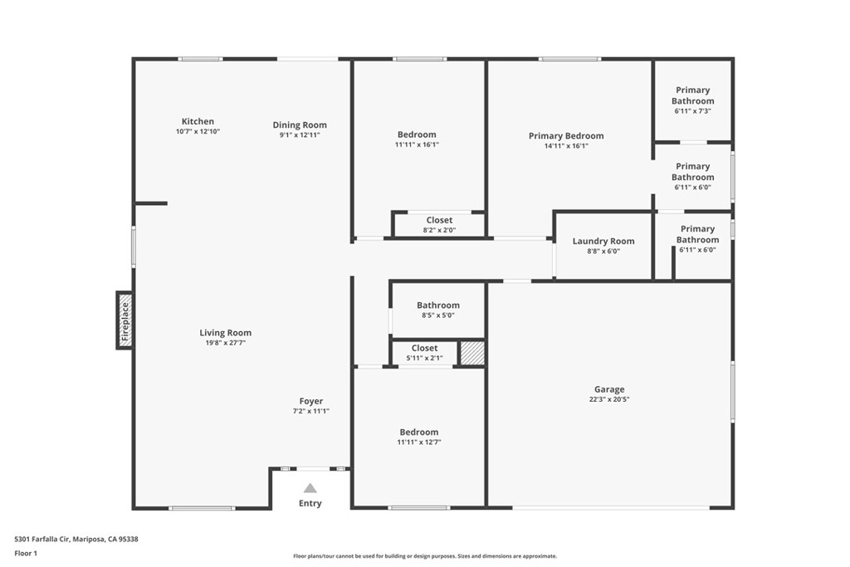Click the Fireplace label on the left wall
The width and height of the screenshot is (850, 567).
coord(125,321)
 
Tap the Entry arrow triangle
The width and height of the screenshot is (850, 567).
coord(310,488)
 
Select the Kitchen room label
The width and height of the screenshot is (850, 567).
coord(198,121)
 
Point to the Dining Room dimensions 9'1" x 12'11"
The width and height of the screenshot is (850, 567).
coord(300,135)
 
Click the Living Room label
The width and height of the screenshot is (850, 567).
coord(226,333)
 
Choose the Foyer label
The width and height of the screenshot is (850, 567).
coord(311,401)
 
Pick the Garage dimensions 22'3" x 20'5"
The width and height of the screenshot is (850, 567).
coord(609,399)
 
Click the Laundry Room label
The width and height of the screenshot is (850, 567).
coord(603,242)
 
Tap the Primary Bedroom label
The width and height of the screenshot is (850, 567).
coord(566,135)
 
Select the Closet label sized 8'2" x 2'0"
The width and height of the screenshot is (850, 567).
coord(439,220)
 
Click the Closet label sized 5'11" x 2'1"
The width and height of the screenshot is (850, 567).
coord(424,348)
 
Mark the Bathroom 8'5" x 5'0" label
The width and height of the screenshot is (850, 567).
coord(438,305)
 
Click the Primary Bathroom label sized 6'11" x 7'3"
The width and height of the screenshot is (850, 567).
coord(693,95)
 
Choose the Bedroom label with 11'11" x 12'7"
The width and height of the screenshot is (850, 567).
coord(419,432)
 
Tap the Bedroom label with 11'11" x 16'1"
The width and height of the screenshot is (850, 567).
coord(417,134)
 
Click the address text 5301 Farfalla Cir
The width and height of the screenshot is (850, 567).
coord(42,540)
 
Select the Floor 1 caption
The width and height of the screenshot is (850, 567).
coord(26,554)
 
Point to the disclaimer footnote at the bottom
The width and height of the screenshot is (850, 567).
coord(425,556)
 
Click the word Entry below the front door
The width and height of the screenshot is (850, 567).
coord(310,504)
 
